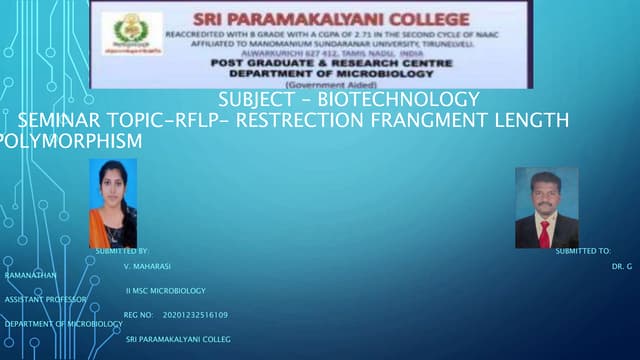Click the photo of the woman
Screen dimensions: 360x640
(113, 203)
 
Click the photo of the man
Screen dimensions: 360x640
(545, 207)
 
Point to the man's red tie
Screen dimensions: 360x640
(545, 233)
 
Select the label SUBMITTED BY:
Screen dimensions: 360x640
(121, 250)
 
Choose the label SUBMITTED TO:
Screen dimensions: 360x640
(583, 250)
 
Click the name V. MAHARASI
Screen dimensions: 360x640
(147, 267)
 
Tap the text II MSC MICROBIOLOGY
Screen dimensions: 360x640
(166, 291)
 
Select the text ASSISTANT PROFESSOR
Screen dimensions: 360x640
(45, 299)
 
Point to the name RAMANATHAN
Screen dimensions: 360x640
(30, 273)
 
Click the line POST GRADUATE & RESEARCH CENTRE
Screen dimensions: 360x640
(331, 62)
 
